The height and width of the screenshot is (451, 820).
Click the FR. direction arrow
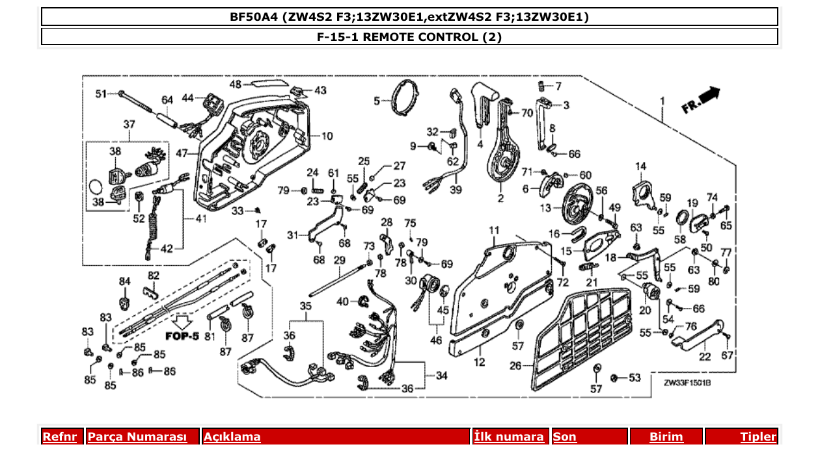701,100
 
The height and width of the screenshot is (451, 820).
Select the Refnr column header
60,437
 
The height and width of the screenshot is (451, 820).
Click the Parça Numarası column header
137,437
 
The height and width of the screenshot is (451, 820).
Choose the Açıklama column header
232,437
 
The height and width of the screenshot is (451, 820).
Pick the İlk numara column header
509,437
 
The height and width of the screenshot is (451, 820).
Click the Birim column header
666,437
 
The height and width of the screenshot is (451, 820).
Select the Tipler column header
758,437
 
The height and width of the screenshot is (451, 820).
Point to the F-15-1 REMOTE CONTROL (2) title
409,37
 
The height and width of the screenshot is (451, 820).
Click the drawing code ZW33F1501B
687,384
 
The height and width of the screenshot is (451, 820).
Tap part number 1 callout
663,101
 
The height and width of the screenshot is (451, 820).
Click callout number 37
129,124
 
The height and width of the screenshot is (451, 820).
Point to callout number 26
515,366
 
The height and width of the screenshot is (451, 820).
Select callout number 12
479,362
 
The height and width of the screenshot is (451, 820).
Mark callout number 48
235,84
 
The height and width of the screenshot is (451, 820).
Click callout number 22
705,355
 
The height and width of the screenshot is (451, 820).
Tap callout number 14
640,167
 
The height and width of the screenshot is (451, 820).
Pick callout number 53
635,378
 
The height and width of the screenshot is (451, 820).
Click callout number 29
338,260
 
